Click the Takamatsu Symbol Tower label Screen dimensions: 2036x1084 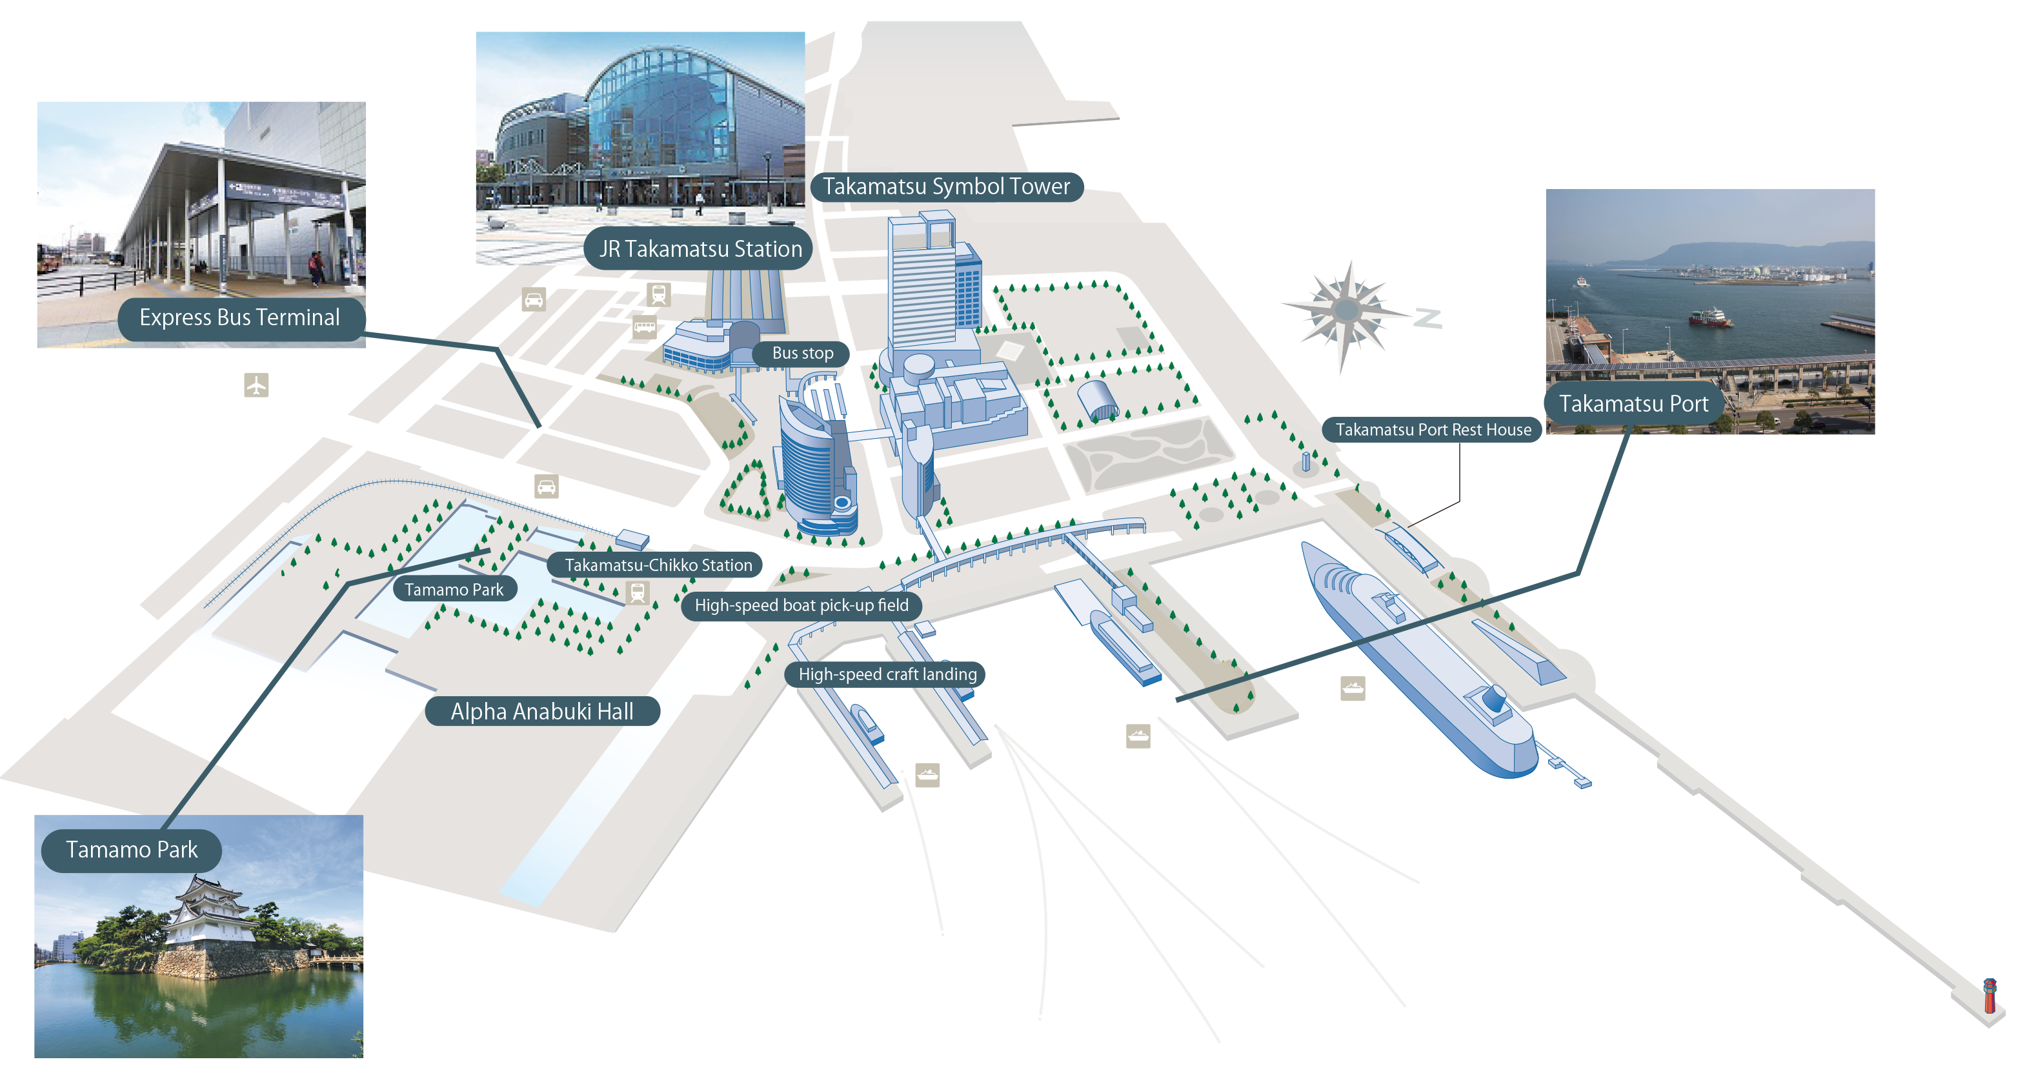click(x=947, y=187)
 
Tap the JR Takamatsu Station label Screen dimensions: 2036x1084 click(x=700, y=249)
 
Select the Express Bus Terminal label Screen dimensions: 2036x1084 click(x=240, y=317)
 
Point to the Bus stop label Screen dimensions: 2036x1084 click(x=802, y=353)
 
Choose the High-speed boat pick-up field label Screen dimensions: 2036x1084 click(x=801, y=606)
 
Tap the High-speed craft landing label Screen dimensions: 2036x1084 click(x=887, y=674)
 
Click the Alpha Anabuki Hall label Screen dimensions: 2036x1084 click(x=542, y=711)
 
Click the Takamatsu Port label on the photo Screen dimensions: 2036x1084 click(x=1635, y=404)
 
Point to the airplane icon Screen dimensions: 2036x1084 click(x=256, y=385)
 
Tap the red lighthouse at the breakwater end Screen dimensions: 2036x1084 click(x=1990, y=996)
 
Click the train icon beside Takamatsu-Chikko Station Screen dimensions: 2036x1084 click(x=637, y=592)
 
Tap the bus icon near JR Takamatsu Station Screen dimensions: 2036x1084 click(x=645, y=326)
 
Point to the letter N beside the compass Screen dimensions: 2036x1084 click(x=1428, y=318)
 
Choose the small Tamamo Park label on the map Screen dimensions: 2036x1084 click(x=454, y=589)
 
